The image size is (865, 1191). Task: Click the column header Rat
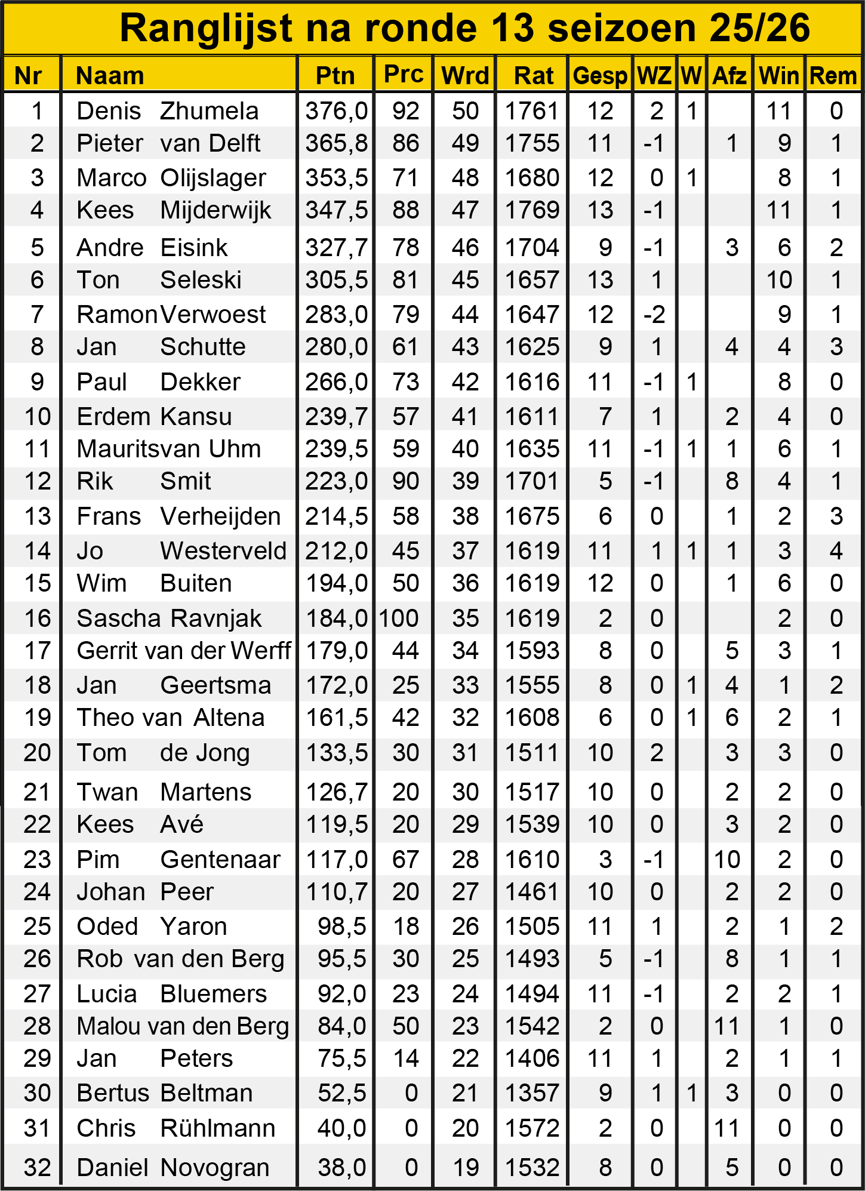click(x=533, y=76)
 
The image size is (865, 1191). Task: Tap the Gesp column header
click(x=599, y=76)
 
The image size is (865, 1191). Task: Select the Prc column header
click(x=404, y=74)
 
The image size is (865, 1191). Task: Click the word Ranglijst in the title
click(x=207, y=27)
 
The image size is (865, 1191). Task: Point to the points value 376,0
click(x=336, y=111)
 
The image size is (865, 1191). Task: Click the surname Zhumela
click(x=209, y=111)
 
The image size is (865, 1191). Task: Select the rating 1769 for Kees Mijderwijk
click(x=532, y=210)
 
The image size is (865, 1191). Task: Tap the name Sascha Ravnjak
click(x=169, y=618)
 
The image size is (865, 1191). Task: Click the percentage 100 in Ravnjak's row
click(x=398, y=618)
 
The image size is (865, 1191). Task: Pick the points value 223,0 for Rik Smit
click(x=336, y=481)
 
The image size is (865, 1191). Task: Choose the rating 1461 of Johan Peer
click(x=532, y=892)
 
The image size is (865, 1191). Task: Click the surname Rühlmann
click(x=218, y=1128)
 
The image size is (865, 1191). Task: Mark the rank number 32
click(x=37, y=1168)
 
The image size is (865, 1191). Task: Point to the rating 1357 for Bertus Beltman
click(x=532, y=1093)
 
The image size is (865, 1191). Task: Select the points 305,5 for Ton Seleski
click(x=336, y=280)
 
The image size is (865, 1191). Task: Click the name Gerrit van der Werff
click(x=184, y=651)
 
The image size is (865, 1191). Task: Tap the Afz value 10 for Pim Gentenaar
click(x=727, y=860)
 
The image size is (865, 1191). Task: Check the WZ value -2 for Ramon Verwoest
click(x=654, y=315)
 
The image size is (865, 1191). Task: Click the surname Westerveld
click(x=223, y=551)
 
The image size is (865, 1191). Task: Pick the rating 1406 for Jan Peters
click(x=532, y=1058)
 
